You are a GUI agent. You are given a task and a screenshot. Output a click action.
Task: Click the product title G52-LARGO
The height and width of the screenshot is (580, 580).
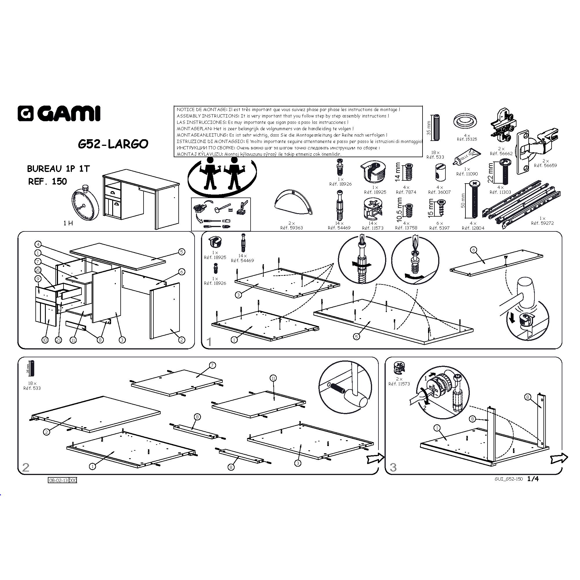point(113,144)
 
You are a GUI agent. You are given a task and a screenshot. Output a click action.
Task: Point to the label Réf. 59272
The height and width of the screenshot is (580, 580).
point(542,223)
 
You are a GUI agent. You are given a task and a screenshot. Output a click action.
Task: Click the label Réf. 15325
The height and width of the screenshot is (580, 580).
point(467,139)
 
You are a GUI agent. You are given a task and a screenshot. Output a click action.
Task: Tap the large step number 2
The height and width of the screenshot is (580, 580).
point(26,467)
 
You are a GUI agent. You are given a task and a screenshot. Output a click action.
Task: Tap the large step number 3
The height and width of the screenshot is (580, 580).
point(393,467)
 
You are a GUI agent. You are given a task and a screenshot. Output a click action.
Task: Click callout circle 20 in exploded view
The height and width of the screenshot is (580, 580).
point(38,270)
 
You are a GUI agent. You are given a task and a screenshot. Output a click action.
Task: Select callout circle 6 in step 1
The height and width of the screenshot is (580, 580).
point(474,250)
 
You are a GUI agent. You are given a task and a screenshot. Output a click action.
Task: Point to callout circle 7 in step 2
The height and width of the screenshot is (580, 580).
point(212,365)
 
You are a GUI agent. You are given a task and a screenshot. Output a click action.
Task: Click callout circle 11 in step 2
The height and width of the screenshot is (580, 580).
point(273,378)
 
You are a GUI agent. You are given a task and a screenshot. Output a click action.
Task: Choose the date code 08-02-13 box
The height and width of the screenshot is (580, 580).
point(59,480)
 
